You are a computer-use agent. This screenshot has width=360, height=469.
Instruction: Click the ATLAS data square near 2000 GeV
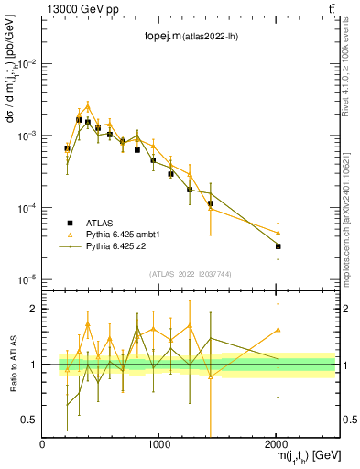278,246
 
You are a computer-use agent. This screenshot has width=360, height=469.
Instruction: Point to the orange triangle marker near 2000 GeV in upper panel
278,233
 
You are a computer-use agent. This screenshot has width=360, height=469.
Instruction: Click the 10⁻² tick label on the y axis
27,64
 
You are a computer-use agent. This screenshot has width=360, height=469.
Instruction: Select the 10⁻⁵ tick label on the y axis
27,279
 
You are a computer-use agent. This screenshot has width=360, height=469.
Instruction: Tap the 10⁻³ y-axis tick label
27,136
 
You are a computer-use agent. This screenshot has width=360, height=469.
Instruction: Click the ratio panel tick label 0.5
30,420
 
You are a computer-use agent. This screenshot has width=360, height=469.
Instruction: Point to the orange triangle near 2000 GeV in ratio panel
278,330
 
